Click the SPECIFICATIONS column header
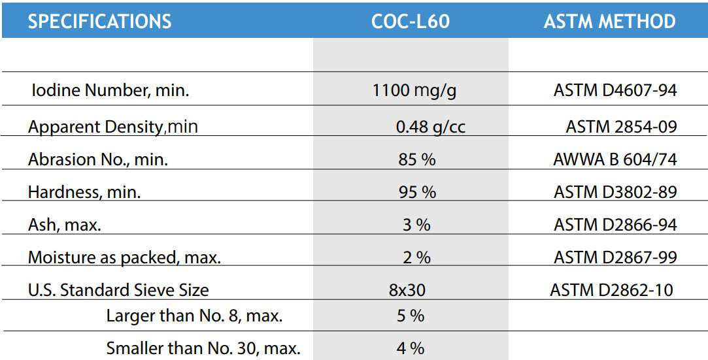tap(99, 21)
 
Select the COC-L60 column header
tap(411, 21)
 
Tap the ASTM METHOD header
tap(609, 21)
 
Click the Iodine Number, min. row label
tap(110, 90)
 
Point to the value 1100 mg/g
tap(414, 90)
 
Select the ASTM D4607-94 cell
tap(615, 90)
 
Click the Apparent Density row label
tap(112, 126)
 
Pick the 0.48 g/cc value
tap(431, 126)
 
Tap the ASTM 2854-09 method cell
tap(621, 126)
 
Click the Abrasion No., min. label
tap(97, 159)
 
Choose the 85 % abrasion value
tap(416, 159)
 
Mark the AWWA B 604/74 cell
tap(615, 159)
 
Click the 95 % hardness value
tap(416, 192)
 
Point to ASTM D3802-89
tap(615, 192)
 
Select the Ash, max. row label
tap(64, 225)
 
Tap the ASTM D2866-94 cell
tap(615, 225)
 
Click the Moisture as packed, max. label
tap(124, 257)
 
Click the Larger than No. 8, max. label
tap(194, 316)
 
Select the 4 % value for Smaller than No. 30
tap(411, 348)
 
